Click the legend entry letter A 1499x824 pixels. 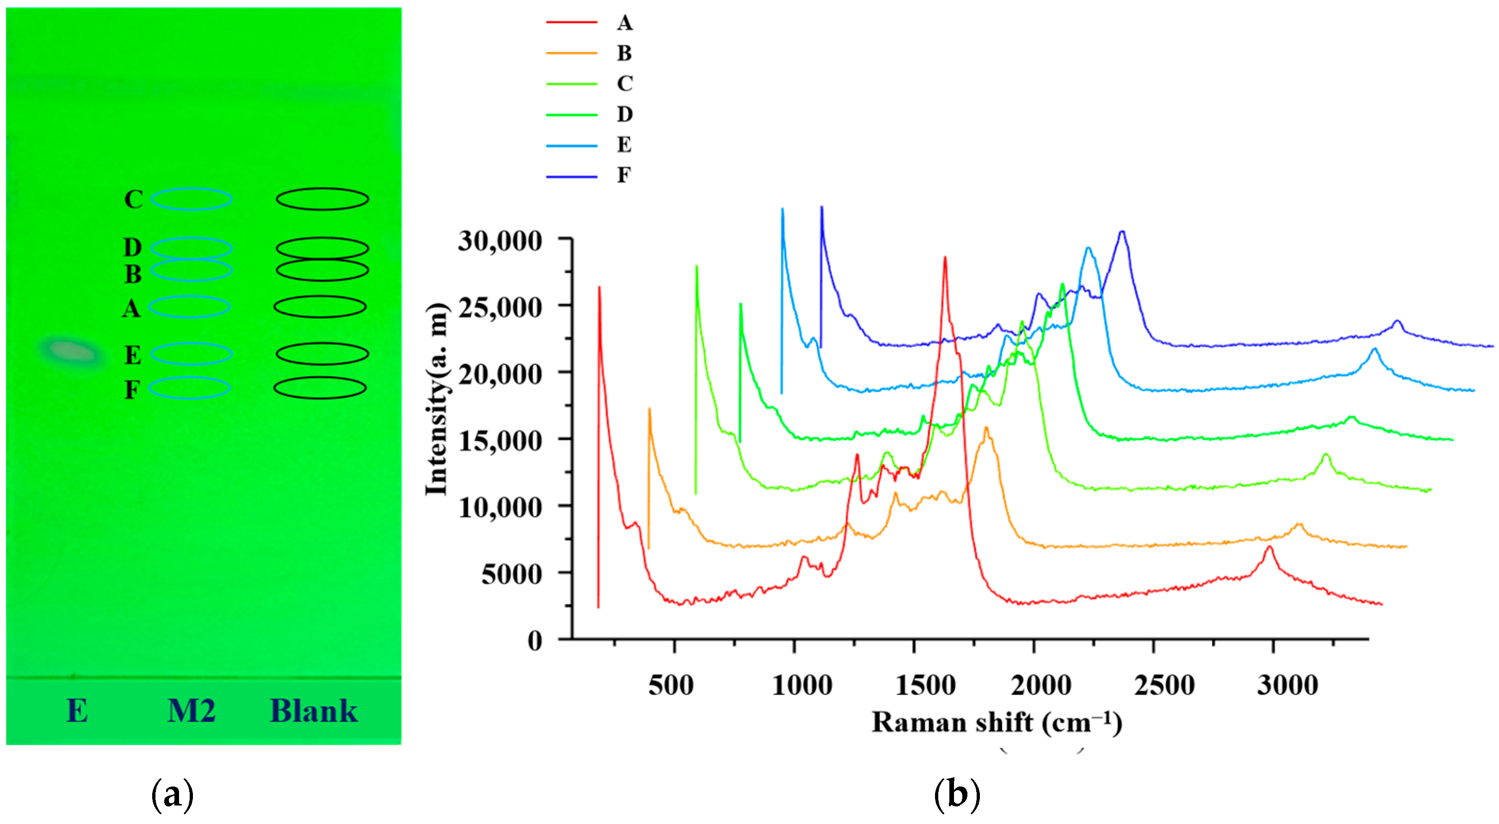tap(625, 23)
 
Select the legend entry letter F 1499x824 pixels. tap(624, 175)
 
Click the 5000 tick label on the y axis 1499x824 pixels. tap(512, 574)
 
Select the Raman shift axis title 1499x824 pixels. tap(996, 723)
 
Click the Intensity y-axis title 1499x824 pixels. tap(438, 399)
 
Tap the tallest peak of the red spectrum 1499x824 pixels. tap(945, 258)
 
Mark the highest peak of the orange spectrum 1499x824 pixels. tap(986, 429)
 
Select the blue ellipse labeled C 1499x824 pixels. tap(192, 199)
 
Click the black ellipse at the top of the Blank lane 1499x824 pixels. tap(322, 199)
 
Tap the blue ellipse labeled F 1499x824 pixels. tap(190, 388)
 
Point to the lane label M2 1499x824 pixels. tap(192, 711)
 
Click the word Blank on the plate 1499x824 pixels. tap(314, 711)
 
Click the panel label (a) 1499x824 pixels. tap(172, 794)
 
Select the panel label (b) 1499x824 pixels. tap(957, 794)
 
